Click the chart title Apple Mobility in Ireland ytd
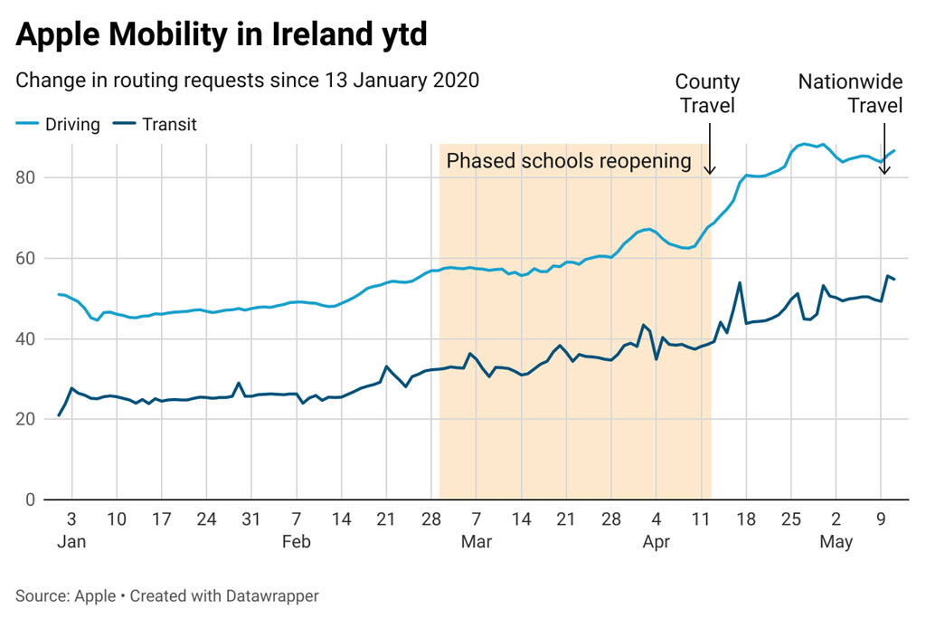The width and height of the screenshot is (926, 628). pyautogui.click(x=222, y=36)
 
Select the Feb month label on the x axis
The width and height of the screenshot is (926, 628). pyautogui.click(x=296, y=542)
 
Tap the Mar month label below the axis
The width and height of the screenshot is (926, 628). pyautogui.click(x=476, y=542)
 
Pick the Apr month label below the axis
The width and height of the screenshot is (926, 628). pyautogui.click(x=656, y=542)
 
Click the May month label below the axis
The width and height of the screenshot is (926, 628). pyautogui.click(x=836, y=542)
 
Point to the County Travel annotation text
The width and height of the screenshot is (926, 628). pyautogui.click(x=707, y=94)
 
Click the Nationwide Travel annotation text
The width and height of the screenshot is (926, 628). pyautogui.click(x=850, y=94)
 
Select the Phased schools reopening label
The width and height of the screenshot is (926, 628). pyautogui.click(x=569, y=161)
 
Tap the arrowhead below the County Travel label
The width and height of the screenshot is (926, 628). pyautogui.click(x=710, y=170)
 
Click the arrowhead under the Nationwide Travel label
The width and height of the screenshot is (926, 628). pyautogui.click(x=884, y=170)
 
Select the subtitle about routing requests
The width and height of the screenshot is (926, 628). pyautogui.click(x=247, y=80)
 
